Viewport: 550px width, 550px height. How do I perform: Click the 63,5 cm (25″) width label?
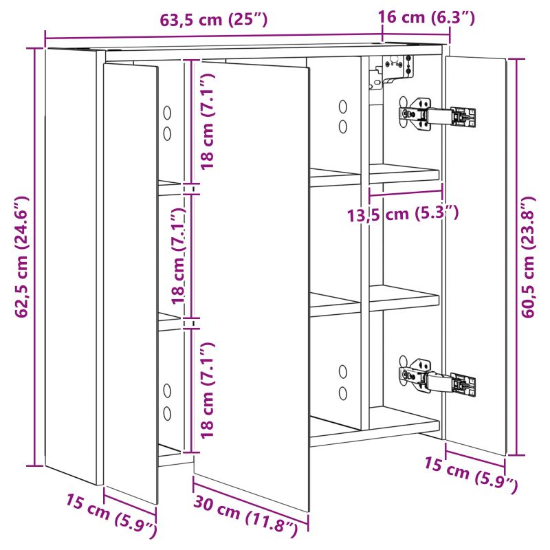(x=213, y=19)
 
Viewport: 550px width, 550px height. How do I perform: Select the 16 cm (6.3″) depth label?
(x=426, y=16)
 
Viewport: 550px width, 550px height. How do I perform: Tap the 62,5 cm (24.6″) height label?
(x=22, y=257)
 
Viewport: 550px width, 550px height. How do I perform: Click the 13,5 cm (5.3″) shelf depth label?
(x=403, y=214)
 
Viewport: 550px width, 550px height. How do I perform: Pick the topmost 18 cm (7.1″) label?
(x=207, y=122)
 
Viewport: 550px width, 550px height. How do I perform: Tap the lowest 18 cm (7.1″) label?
(x=207, y=390)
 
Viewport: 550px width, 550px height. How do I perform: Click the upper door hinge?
(x=437, y=115)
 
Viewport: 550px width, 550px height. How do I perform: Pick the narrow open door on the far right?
(x=476, y=255)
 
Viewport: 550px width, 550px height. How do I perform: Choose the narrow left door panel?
(x=130, y=283)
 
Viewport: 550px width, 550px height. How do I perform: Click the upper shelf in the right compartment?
(x=404, y=173)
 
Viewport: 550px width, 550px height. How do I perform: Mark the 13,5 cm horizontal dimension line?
(x=406, y=192)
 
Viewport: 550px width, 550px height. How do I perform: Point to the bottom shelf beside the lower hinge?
(x=404, y=419)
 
